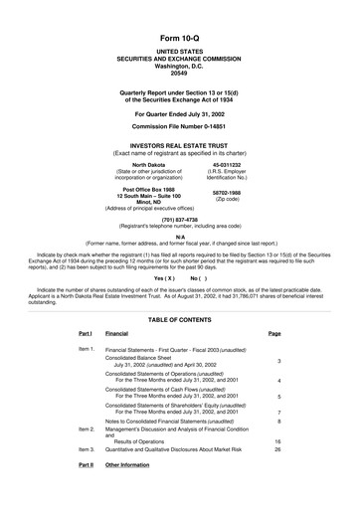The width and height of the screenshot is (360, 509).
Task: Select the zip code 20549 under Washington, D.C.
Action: pyautogui.click(x=179, y=57)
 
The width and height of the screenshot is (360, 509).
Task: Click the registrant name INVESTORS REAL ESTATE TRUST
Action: pyautogui.click(x=179, y=145)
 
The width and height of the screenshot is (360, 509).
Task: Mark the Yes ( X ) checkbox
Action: pyautogui.click(x=164, y=278)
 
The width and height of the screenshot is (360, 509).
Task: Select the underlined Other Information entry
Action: pyautogui.click(x=126, y=465)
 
